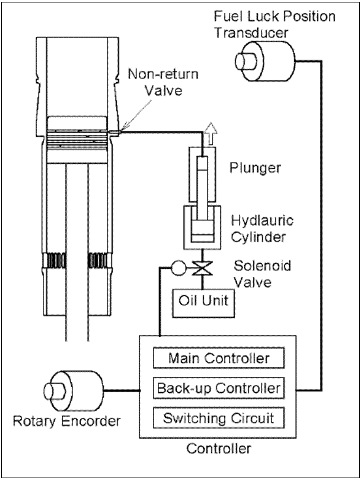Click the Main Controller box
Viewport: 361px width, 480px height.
coord(219,358)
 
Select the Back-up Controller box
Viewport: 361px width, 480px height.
coord(219,388)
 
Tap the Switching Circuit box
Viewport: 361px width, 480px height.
coord(219,418)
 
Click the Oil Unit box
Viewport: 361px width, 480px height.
coord(204,303)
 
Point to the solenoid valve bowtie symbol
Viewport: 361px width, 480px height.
coord(202,268)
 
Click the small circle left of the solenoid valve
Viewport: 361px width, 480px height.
coord(178,268)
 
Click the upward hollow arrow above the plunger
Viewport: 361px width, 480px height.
coord(211,134)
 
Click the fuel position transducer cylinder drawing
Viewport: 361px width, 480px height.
coord(265,61)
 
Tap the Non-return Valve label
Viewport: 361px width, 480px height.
coord(163,82)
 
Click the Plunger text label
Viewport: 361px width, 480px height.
coord(255,168)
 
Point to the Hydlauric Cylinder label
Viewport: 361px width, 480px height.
coord(262,228)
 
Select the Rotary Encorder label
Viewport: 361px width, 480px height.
coord(67,421)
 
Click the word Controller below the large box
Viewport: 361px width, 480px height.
coord(219,449)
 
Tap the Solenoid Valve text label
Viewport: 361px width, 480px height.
coord(262,274)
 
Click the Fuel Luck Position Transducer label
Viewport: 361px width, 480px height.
coord(274,25)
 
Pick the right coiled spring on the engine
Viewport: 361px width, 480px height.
coord(98,260)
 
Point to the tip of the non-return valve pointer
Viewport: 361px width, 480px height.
coord(121,131)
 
